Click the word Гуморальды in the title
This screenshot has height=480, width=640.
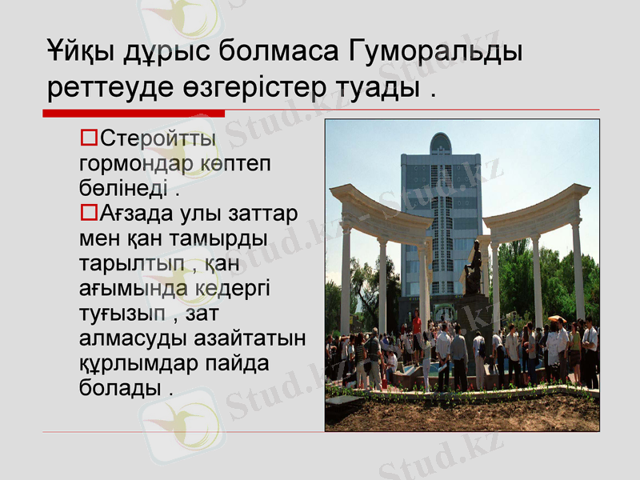[436, 53]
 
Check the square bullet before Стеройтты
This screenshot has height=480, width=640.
[89, 139]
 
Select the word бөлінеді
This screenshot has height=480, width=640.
[123, 189]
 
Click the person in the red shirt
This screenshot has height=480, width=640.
[417, 324]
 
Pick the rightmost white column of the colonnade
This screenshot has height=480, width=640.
[578, 268]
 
